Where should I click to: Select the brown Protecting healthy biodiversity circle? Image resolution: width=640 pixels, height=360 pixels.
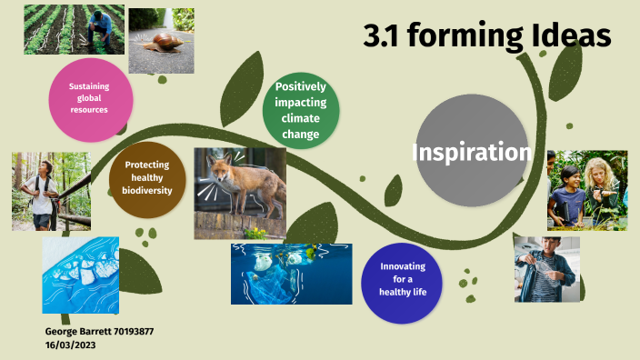147,177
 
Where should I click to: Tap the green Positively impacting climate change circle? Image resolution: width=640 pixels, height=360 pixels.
300,111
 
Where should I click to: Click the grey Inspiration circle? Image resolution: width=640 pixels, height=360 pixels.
471,152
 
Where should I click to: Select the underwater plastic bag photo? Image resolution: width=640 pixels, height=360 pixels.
291,273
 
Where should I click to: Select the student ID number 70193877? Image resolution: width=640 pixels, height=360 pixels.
133,332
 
